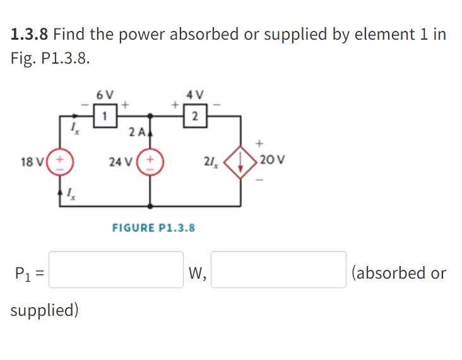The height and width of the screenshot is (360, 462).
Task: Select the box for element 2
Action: (195, 115)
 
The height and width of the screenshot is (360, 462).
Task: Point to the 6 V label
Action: (105, 95)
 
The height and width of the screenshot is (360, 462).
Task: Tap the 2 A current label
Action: (136, 132)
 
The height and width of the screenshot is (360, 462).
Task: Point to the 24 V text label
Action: (119, 162)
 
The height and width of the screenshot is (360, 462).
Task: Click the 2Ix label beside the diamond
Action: (210, 162)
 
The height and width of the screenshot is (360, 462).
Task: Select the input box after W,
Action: (278, 270)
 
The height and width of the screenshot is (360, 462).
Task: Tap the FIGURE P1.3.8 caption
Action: (153, 228)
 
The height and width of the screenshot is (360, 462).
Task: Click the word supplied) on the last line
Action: (44, 311)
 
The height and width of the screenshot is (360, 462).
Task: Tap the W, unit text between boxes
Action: (198, 273)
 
